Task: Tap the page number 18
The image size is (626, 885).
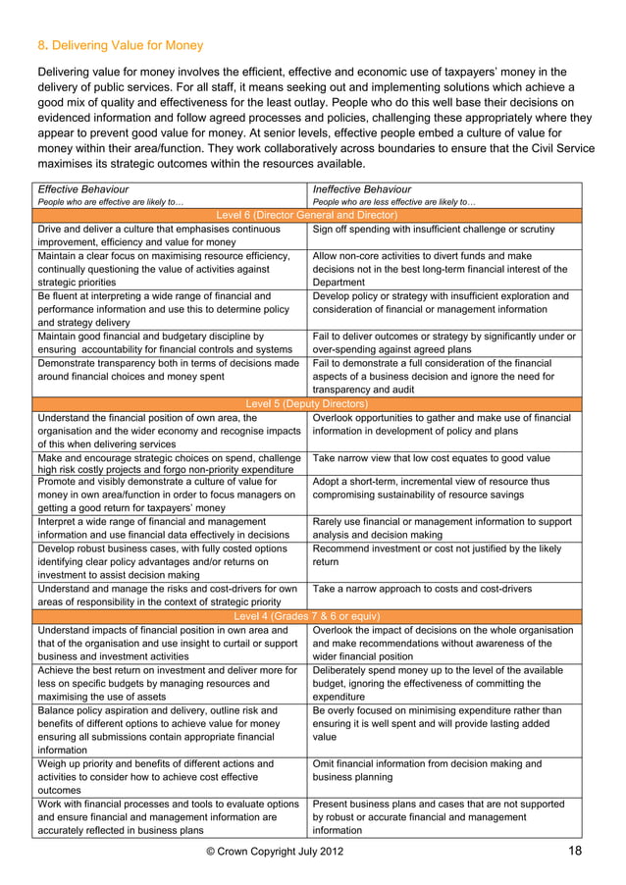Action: (x=577, y=850)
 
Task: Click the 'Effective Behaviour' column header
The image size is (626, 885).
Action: (x=84, y=188)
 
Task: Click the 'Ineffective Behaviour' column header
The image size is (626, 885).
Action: (x=361, y=188)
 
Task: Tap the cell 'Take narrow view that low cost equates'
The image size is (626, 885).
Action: (x=430, y=457)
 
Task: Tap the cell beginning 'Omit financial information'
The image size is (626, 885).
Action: (x=424, y=770)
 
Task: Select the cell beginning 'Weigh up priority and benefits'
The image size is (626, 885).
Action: (x=157, y=777)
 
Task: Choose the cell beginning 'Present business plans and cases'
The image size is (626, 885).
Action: (x=438, y=817)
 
